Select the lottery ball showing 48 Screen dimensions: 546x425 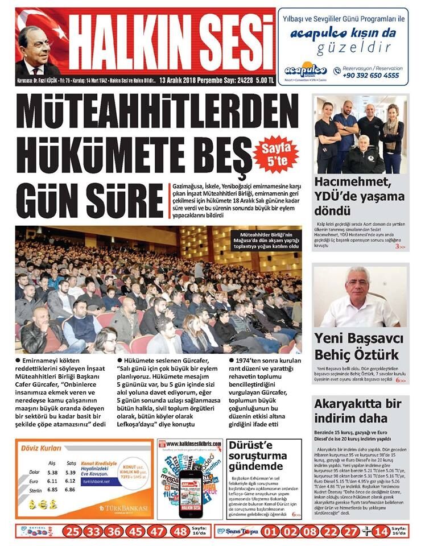click(180, 531)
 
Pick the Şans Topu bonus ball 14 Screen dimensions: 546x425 click(382, 532)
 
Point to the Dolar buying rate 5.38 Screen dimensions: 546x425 click(53, 472)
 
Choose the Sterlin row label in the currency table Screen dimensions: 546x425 click(35, 489)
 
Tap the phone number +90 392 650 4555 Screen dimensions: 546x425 click(371, 75)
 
